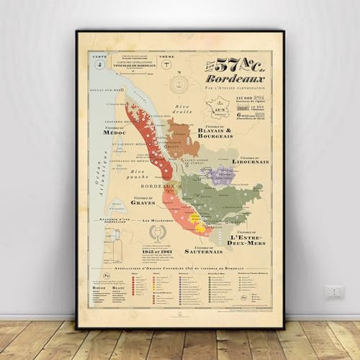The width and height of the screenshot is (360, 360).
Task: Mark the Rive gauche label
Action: pyautogui.click(x=146, y=172)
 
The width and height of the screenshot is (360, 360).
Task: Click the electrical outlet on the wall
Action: pyautogui.click(x=333, y=292)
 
